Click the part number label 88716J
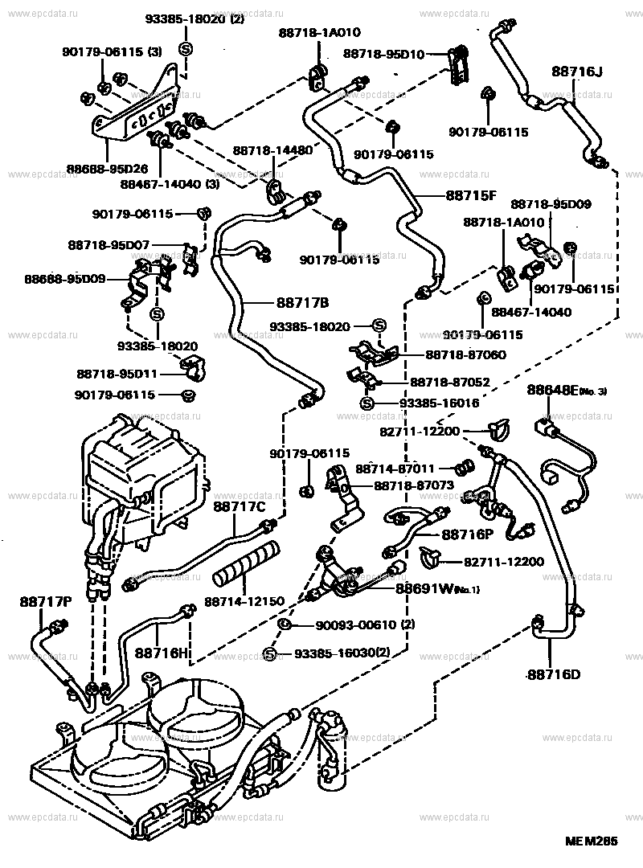coord(576,72)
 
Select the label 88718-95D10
coord(383,54)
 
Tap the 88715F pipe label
coord(473,195)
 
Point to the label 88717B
coord(303,302)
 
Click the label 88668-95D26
coord(107,170)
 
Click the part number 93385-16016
coord(434,403)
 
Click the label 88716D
coord(554,674)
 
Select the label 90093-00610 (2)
coord(346,625)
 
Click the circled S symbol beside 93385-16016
coord(366,403)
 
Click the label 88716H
coord(161,653)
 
